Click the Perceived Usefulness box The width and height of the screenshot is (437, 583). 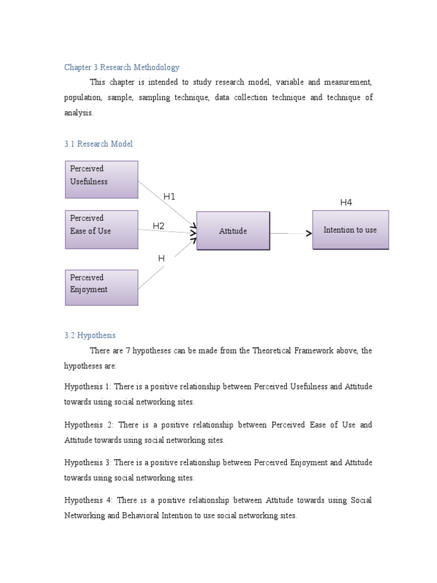click(101, 179)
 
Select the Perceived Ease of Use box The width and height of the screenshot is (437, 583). click(101, 229)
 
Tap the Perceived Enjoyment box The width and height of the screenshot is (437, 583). click(101, 288)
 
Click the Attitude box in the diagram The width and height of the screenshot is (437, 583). click(233, 231)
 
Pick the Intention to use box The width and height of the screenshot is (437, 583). click(350, 230)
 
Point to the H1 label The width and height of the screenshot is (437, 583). click(170, 197)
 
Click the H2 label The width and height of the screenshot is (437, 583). click(158, 226)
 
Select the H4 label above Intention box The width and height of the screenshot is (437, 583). click(346, 203)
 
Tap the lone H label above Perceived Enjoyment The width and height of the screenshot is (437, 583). click(161, 258)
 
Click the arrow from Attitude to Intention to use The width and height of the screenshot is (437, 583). click(290, 233)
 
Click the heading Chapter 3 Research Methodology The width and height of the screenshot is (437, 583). click(122, 67)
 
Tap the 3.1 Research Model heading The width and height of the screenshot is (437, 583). click(98, 144)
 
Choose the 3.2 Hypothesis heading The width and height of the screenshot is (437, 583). click(90, 335)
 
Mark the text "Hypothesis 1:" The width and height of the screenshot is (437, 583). click(88, 387)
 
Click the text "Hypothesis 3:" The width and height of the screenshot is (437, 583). click(88, 463)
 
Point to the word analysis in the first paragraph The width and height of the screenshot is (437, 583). click(78, 113)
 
